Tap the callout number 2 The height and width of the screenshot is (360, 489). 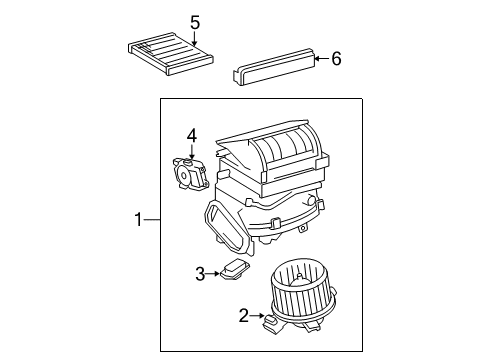point(243,316)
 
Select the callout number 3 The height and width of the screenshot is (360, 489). point(200,272)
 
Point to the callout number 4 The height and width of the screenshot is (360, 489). point(190,135)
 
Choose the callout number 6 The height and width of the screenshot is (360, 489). point(336,59)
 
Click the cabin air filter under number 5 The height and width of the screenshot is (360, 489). point(167,53)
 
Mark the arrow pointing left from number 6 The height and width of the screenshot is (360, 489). point(320,59)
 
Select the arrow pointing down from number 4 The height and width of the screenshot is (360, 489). point(190,150)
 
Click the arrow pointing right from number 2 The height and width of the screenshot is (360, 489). point(256,316)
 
